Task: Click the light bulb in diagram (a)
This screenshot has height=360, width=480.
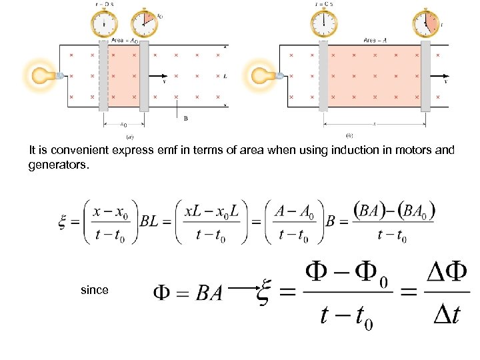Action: (x=43, y=75)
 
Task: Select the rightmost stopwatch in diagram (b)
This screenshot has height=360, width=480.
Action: (x=426, y=25)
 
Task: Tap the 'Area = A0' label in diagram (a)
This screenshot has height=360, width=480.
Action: (x=125, y=41)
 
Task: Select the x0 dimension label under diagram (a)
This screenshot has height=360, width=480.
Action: (x=123, y=124)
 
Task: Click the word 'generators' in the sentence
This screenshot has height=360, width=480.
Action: (x=57, y=163)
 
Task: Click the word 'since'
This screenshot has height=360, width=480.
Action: (x=93, y=290)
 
